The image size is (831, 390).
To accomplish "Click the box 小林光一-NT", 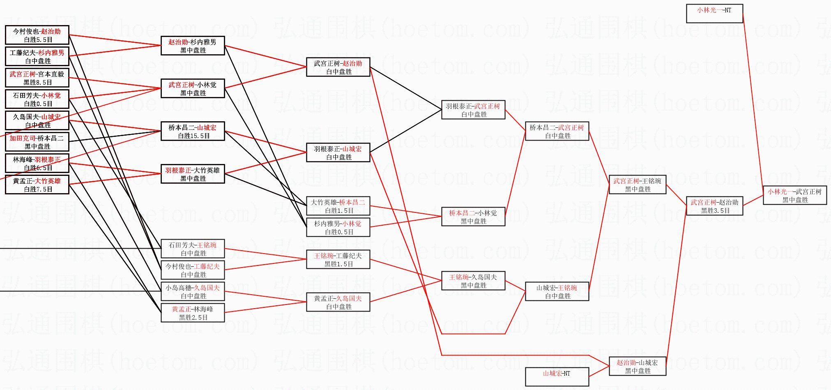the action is [x=714, y=14].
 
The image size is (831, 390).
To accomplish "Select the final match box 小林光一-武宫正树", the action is [x=795, y=196].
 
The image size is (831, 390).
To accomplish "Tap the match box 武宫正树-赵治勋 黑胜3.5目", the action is [x=714, y=206].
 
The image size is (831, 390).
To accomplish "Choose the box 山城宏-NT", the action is [x=557, y=377].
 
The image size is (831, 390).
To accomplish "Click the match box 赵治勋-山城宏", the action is [x=637, y=367].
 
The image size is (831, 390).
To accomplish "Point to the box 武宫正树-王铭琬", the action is [x=637, y=185].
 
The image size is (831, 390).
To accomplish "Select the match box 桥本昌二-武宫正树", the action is [x=557, y=132].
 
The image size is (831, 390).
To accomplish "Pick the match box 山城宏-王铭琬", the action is [x=557, y=292].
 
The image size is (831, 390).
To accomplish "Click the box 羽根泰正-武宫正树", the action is [x=473, y=110].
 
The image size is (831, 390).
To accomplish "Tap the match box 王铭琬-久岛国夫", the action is [x=473, y=281].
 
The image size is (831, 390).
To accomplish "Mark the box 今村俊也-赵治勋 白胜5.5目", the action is [x=37, y=35].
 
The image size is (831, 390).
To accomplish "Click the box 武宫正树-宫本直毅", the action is [x=37, y=78].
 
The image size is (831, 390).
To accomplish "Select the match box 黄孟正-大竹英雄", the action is [x=37, y=185].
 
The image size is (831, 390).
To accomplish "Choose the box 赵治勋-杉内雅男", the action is [x=192, y=46].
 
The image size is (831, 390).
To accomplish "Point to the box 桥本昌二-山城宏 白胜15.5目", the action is [x=192, y=132].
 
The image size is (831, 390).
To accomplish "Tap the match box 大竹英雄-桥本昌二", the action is [x=338, y=206].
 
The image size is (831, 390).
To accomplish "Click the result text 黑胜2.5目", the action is [x=193, y=318].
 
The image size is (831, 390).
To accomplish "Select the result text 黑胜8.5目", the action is [x=38, y=83].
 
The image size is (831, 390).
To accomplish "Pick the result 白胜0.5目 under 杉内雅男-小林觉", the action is [x=339, y=232].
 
